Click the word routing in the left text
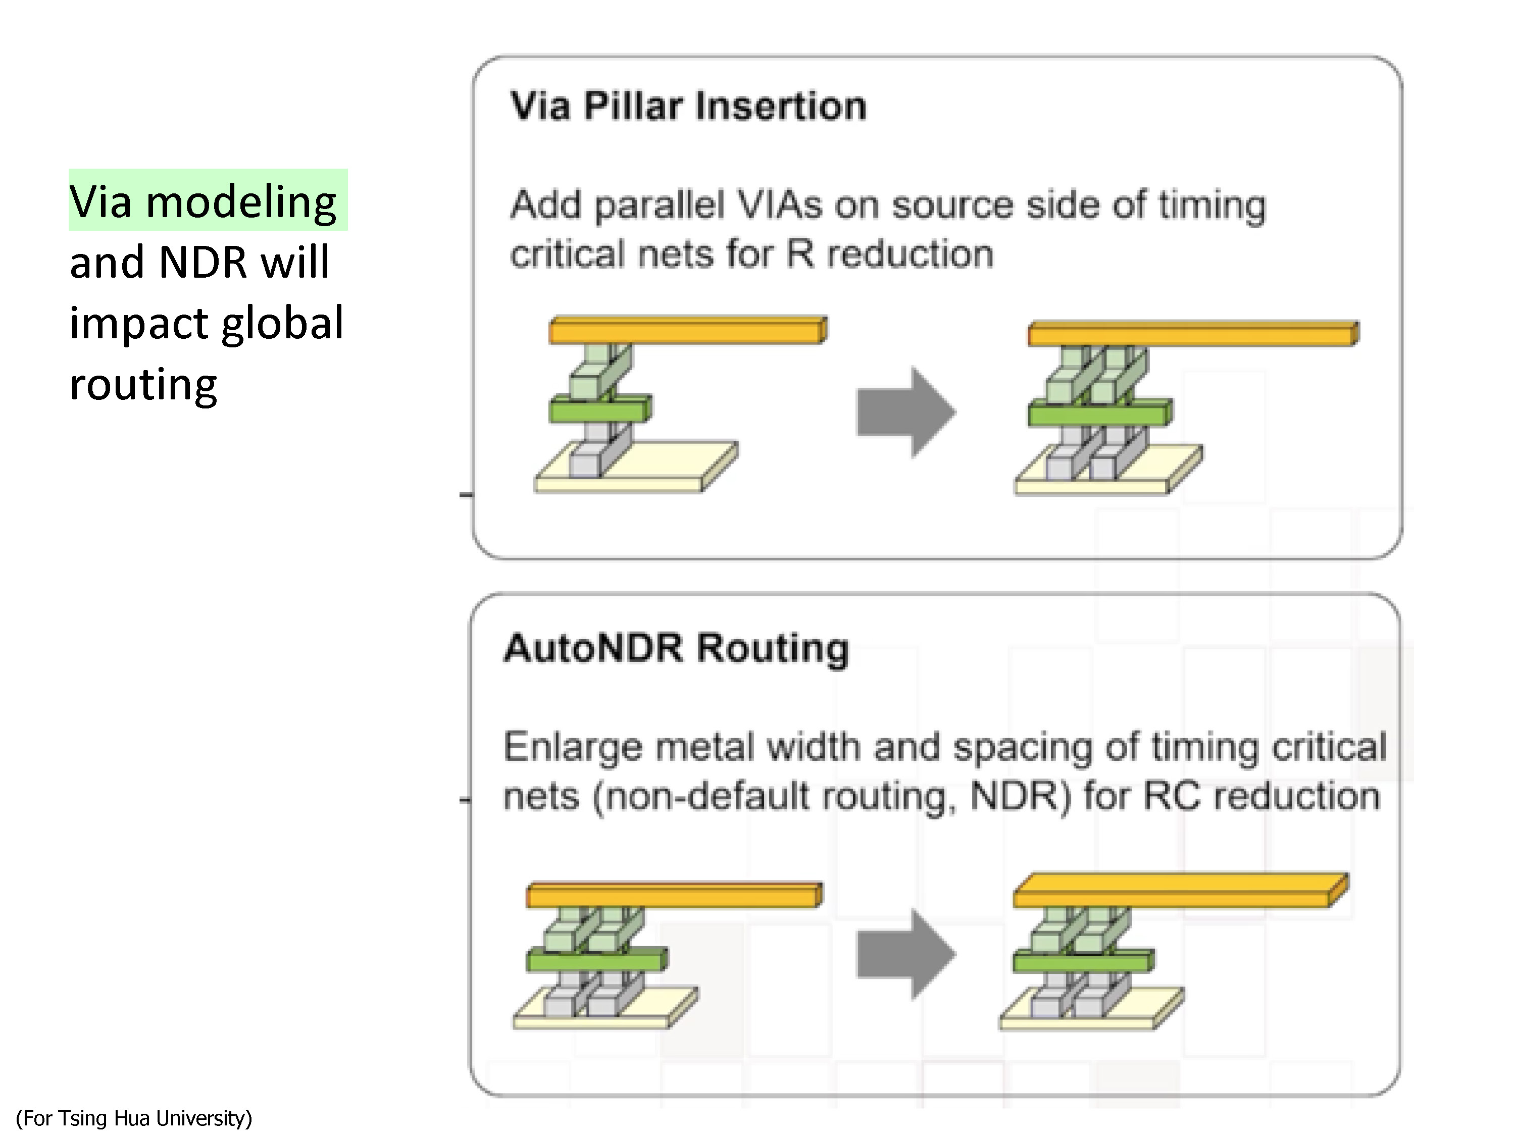(x=143, y=384)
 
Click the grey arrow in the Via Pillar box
(x=906, y=412)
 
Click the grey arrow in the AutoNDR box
(x=906, y=954)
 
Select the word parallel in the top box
(x=660, y=205)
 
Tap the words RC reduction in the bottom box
(x=1232, y=796)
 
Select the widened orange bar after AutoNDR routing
(x=1180, y=890)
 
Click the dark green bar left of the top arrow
(x=600, y=409)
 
